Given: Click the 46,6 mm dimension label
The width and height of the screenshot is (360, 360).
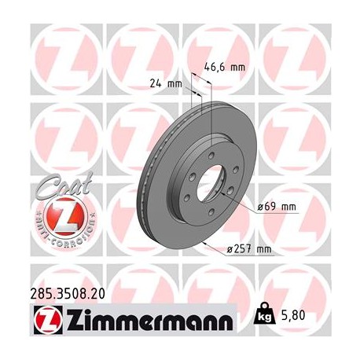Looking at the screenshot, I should coord(225,68).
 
